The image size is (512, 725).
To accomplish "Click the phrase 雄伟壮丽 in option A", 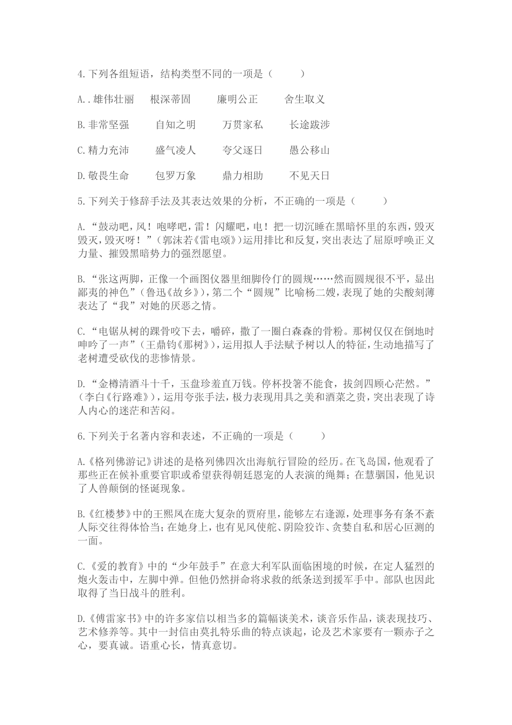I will [114, 99].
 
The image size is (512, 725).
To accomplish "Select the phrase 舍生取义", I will [305, 99].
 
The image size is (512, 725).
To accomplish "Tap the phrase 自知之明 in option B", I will [176, 125].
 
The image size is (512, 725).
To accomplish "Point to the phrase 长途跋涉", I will [310, 125].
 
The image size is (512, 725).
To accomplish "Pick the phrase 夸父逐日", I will [243, 150].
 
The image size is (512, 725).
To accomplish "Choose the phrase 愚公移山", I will [310, 150].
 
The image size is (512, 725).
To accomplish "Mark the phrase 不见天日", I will [310, 175].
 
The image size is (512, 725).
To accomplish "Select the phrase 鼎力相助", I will [243, 175].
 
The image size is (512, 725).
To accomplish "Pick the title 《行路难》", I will [126, 398].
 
